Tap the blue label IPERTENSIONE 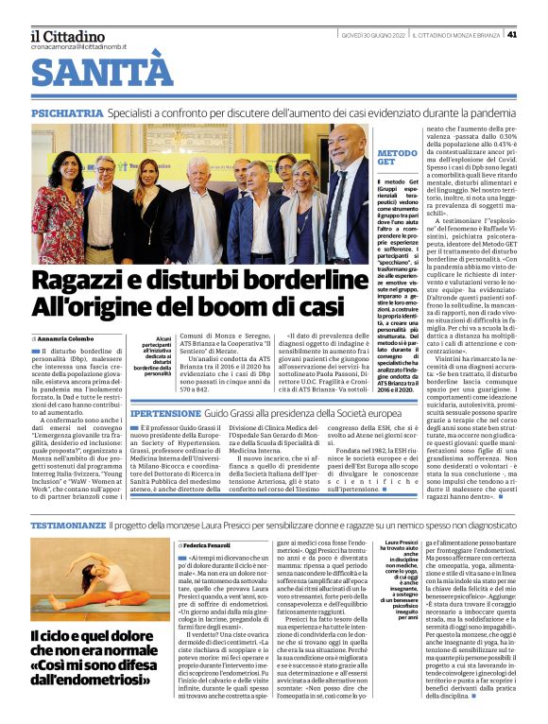point(165,414)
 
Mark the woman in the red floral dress point(66,208)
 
